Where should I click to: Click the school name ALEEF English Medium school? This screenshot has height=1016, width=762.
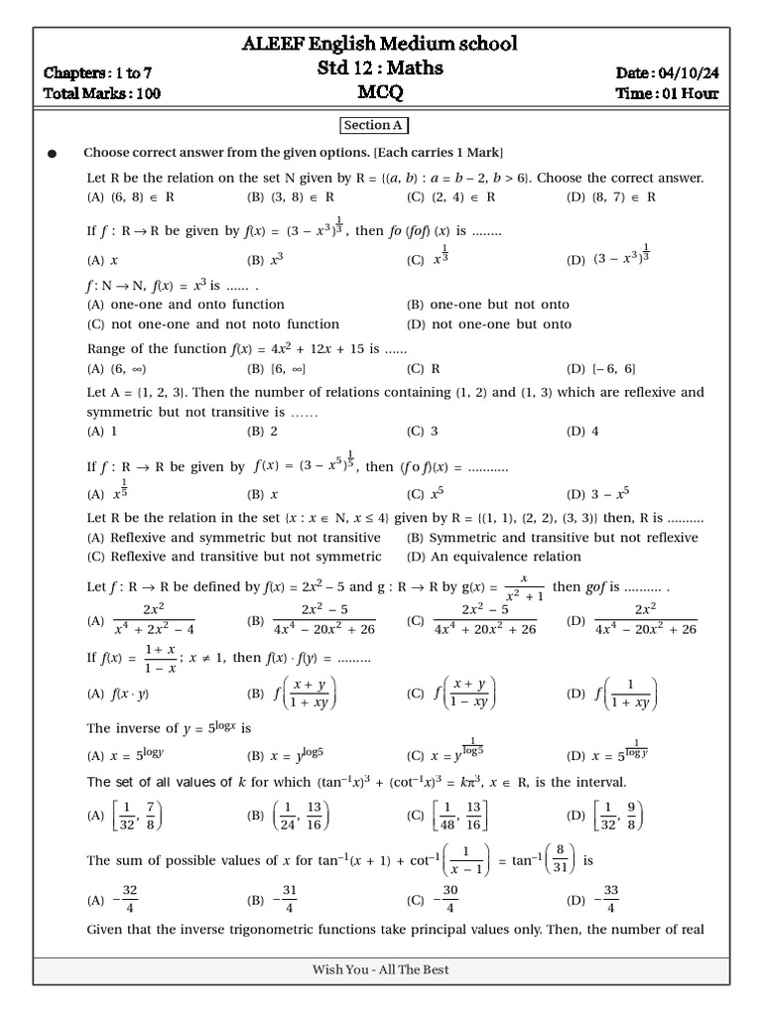click(x=380, y=45)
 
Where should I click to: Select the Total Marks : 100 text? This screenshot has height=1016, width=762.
click(x=102, y=94)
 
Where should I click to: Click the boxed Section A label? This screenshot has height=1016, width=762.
click(x=374, y=126)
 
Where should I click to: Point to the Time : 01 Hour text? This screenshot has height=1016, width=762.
click(x=667, y=94)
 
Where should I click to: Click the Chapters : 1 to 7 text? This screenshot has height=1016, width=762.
click(x=97, y=72)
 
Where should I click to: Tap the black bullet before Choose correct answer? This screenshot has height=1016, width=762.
click(x=53, y=154)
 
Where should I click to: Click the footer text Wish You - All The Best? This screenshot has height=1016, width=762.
click(x=381, y=969)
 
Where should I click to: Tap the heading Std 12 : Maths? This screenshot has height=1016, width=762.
click(x=380, y=68)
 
